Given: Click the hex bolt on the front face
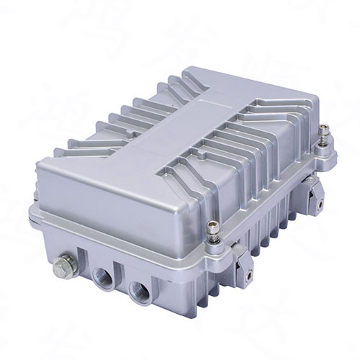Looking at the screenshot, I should point(61,268).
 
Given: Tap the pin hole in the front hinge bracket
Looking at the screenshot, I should point(247,275).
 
